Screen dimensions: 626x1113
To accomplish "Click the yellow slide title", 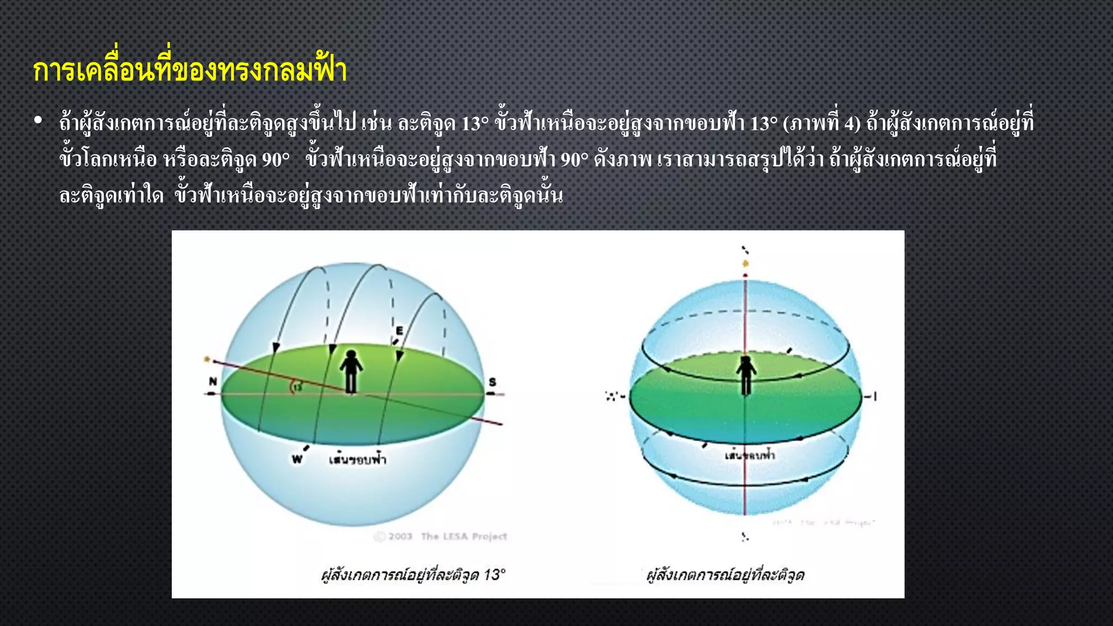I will click(190, 71).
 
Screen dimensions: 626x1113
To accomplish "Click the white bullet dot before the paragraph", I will click(37, 121).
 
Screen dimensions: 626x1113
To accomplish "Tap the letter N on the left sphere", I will click(213, 381).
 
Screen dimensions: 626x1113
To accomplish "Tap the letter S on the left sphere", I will click(492, 382).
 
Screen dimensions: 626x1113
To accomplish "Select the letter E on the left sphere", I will click(399, 330).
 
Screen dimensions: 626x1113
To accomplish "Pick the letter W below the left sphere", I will click(297, 460).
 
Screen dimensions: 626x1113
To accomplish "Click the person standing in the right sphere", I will click(746, 374).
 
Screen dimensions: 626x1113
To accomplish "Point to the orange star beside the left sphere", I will click(207, 359).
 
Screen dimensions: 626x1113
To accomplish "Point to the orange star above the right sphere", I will click(746, 264).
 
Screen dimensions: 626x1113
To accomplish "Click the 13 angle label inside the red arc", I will click(298, 387).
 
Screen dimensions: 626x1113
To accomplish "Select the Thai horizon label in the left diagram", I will click(357, 460).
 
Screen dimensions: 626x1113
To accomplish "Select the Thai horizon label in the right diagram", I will click(750, 455).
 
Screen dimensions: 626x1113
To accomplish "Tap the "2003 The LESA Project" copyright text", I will click(441, 537).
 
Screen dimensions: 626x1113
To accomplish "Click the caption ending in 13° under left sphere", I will click(413, 575).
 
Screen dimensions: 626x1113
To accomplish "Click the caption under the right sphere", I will click(726, 575).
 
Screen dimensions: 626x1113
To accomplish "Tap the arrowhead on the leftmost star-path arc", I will click(276, 347).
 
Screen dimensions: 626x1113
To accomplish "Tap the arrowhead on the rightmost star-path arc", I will click(400, 356).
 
